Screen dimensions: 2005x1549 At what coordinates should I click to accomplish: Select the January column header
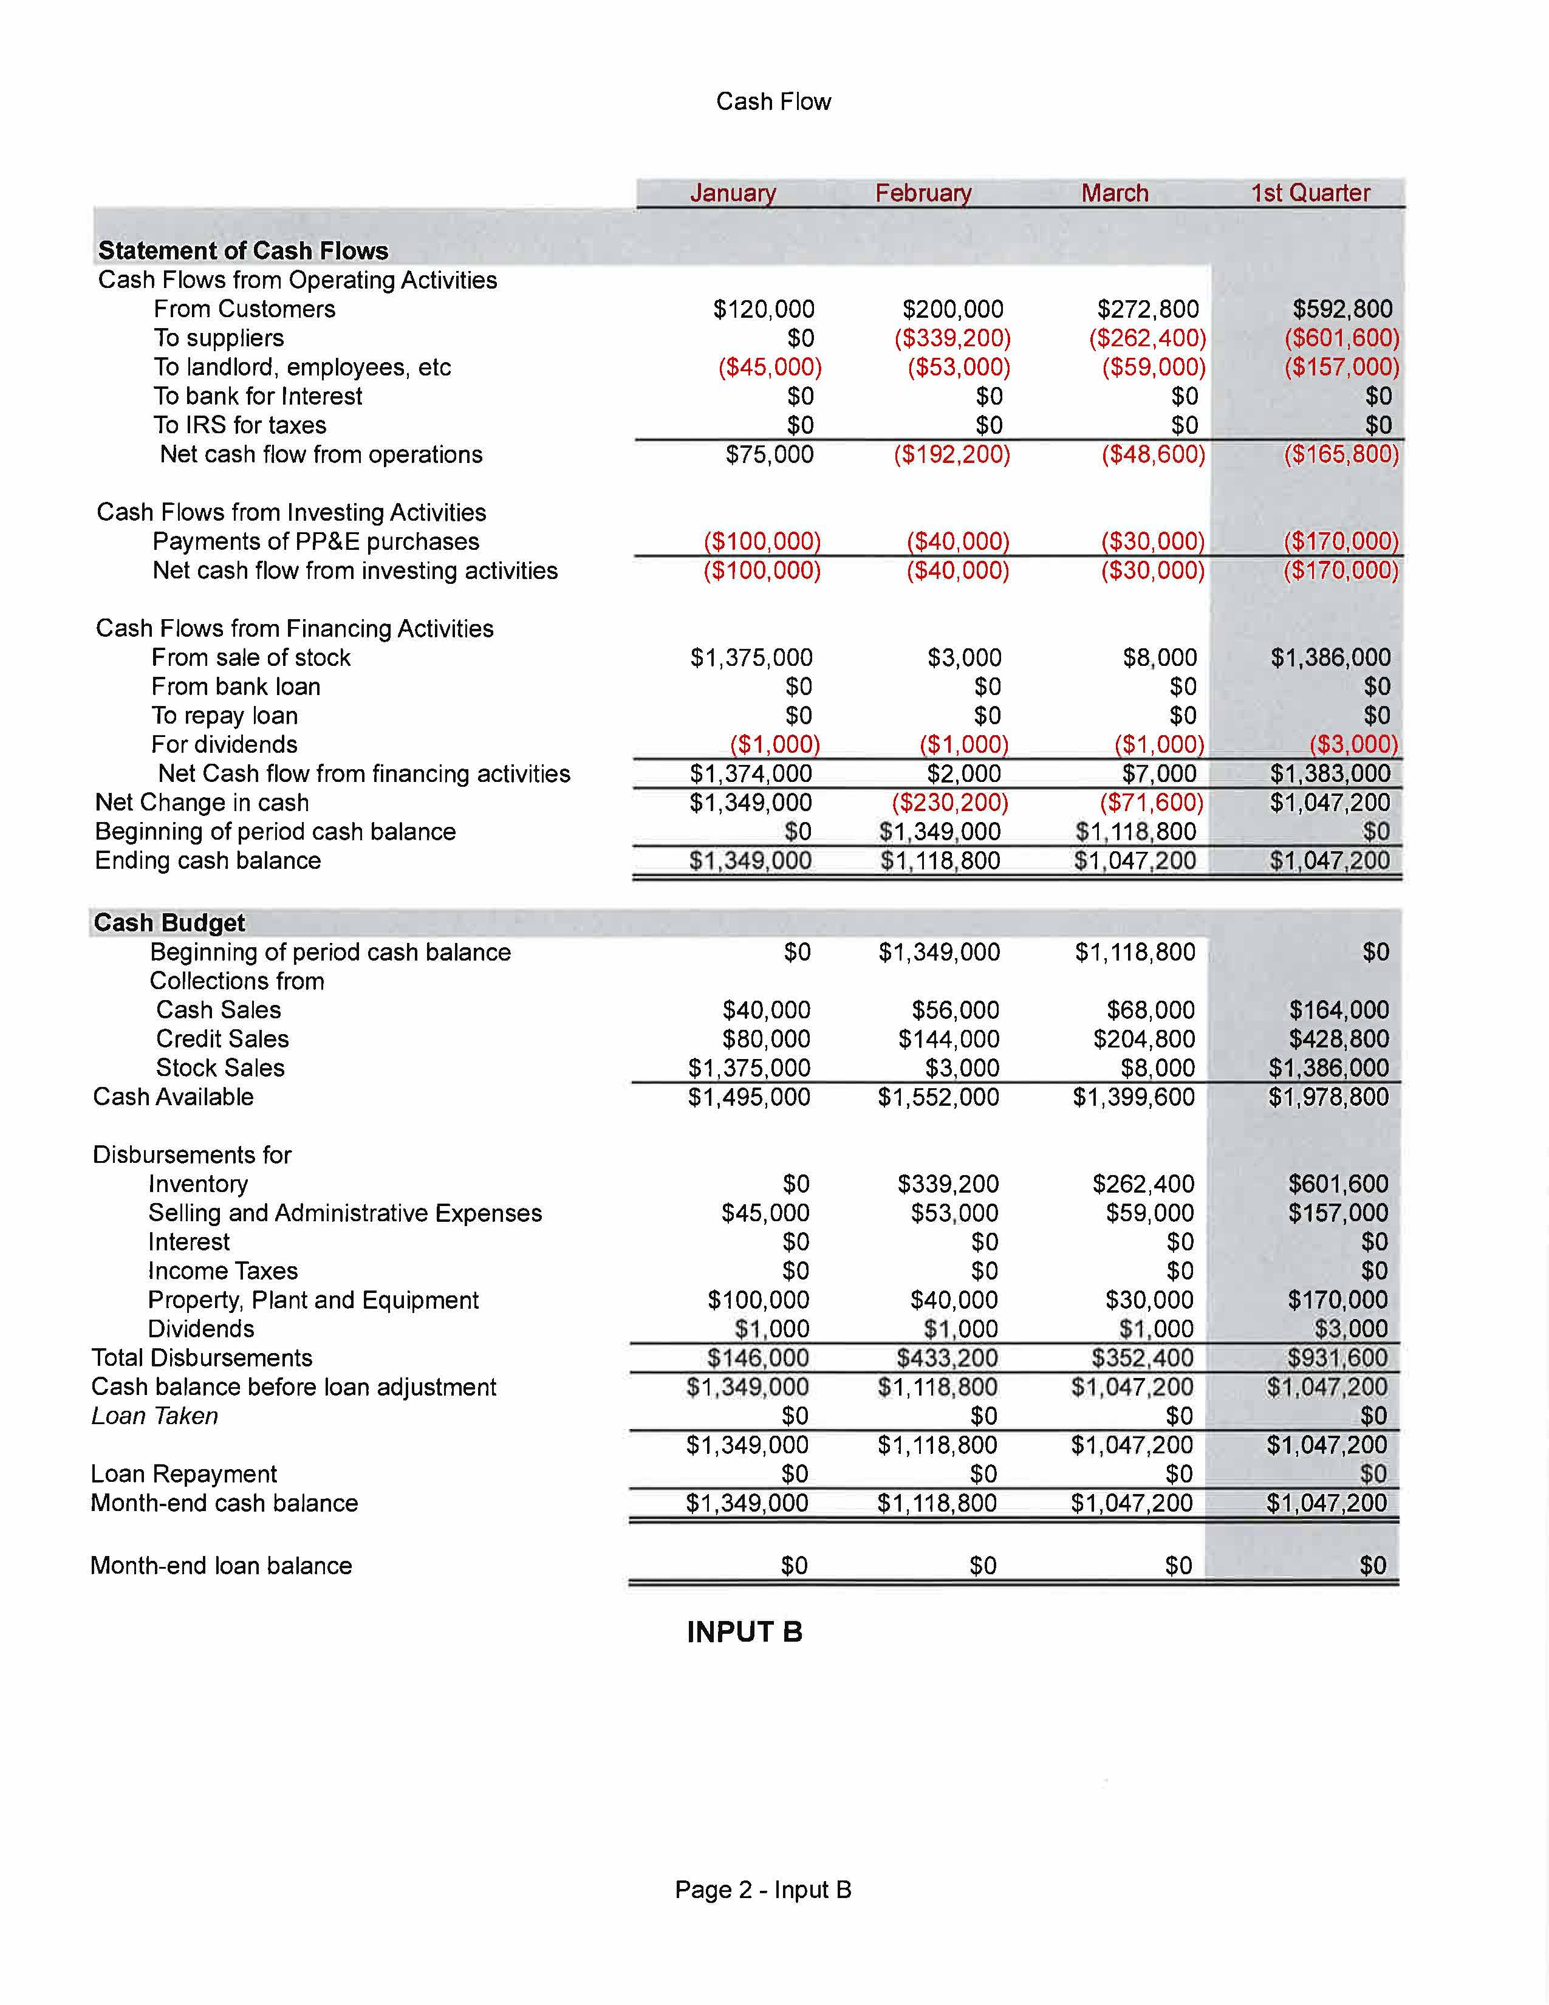(x=733, y=193)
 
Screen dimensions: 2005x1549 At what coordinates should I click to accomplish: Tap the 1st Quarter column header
(x=1310, y=193)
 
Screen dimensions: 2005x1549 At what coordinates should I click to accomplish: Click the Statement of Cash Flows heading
(x=243, y=250)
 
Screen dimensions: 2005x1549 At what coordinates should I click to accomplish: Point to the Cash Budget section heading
(x=169, y=923)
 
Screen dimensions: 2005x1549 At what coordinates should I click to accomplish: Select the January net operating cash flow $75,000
(x=769, y=454)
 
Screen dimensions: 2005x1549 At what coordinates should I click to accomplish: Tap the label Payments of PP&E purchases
(x=316, y=541)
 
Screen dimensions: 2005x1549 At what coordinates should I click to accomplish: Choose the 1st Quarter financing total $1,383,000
(x=1330, y=774)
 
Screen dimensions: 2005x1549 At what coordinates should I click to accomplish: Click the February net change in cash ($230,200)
(x=950, y=803)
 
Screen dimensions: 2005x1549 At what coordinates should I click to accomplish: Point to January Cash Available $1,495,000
(x=749, y=1097)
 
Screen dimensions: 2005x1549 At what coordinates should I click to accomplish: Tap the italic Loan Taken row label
(x=154, y=1416)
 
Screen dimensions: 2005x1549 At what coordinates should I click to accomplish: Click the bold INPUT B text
(x=744, y=1633)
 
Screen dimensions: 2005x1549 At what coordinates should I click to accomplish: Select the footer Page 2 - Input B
(x=762, y=1890)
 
